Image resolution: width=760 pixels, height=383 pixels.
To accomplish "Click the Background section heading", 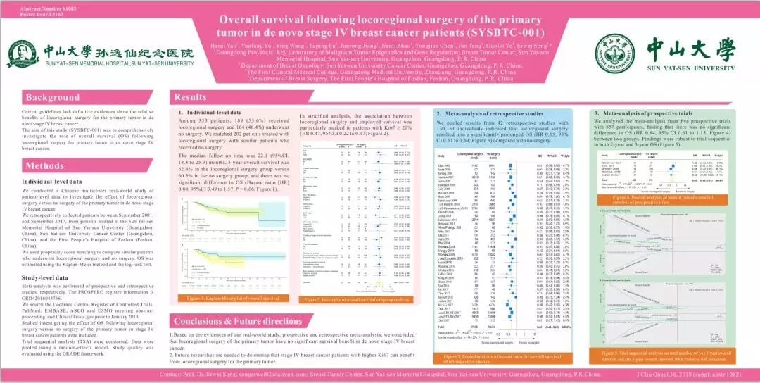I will pos(53,97).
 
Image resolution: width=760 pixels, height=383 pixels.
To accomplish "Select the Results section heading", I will pos(191,97).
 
